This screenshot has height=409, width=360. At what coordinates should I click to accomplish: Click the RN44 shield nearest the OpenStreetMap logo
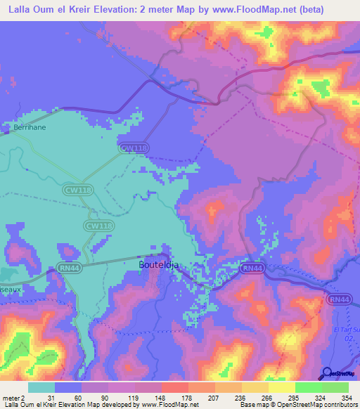point(339,299)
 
